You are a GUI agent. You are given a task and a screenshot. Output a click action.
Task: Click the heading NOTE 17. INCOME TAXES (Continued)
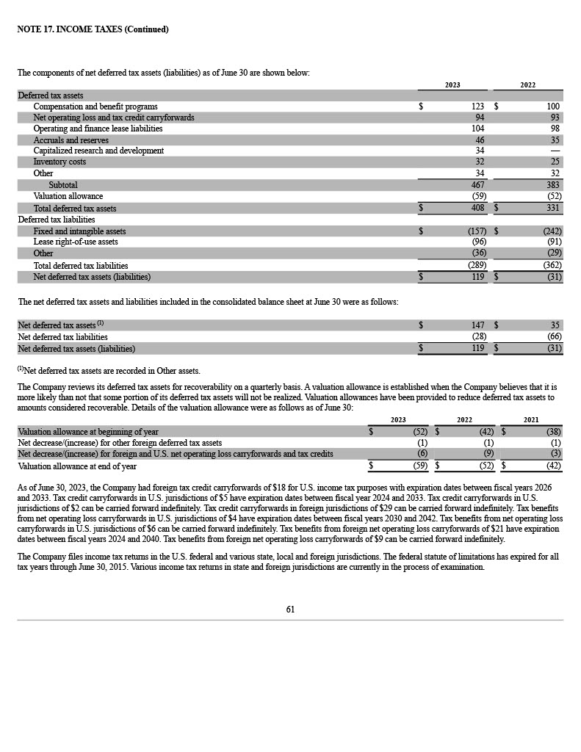pyautogui.click(x=93, y=29)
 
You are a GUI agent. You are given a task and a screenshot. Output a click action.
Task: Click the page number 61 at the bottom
pyautogui.click(x=290, y=609)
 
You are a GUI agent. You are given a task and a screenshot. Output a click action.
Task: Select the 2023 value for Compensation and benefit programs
pyautogui.click(x=478, y=106)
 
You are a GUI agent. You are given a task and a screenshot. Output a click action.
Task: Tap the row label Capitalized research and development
pyautogui.click(x=98, y=151)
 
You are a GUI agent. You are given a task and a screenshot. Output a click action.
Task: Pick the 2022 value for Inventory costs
pyautogui.click(x=555, y=162)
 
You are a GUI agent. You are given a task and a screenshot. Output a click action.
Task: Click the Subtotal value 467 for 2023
pyautogui.click(x=477, y=185)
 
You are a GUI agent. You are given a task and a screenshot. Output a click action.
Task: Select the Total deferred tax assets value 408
pyautogui.click(x=477, y=209)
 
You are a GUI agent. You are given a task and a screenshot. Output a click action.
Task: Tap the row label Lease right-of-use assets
pyautogui.click(x=76, y=242)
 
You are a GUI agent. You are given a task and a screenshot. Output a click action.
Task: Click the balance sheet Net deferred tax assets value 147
pyautogui.click(x=477, y=325)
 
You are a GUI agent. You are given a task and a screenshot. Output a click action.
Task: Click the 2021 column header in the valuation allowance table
pyautogui.click(x=530, y=420)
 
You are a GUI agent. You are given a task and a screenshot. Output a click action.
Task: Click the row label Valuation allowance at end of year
pyautogui.click(x=77, y=466)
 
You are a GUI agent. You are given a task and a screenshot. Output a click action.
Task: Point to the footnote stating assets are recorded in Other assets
pyautogui.click(x=109, y=371)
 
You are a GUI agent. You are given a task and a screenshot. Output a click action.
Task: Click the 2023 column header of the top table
pyautogui.click(x=452, y=85)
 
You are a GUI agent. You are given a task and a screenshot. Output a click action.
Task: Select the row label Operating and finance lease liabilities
pyautogui.click(x=98, y=129)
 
